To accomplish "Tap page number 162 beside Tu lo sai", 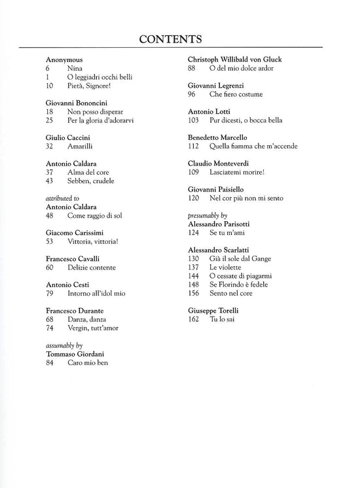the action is pos(193,318).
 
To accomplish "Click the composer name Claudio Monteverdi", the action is pos(219,163).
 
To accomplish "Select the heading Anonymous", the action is pos(65,60).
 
